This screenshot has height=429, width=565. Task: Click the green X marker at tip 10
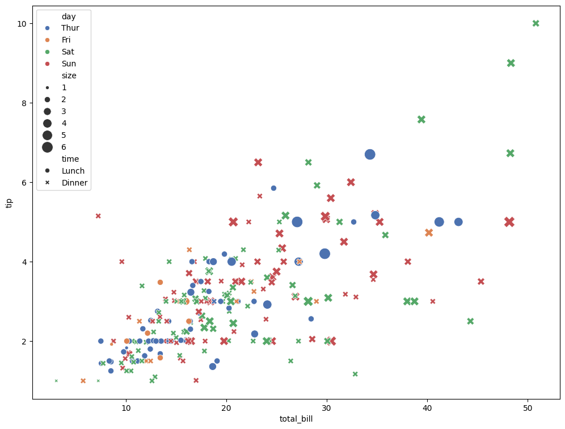pyautogui.click(x=536, y=23)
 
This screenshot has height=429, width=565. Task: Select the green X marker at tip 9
pyautogui.click(x=511, y=63)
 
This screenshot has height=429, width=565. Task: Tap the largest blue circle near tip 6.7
pyautogui.click(x=370, y=154)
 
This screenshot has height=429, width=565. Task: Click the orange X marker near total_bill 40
pyautogui.click(x=429, y=233)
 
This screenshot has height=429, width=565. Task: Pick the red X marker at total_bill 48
pyautogui.click(x=509, y=222)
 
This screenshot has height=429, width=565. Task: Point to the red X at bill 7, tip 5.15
pyautogui.click(x=98, y=216)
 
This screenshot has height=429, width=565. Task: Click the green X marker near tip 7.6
pyautogui.click(x=421, y=120)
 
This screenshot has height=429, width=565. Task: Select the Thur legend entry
pyautogui.click(x=70, y=28)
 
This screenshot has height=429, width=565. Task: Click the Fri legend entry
pyautogui.click(x=67, y=40)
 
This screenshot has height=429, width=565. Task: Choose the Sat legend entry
pyautogui.click(x=68, y=52)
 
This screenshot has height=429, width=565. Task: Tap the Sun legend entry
pyautogui.click(x=69, y=64)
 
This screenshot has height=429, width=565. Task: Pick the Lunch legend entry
pyautogui.click(x=73, y=171)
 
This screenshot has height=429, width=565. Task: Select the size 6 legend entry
pyautogui.click(x=64, y=147)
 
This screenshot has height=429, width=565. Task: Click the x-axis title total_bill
pyautogui.click(x=296, y=419)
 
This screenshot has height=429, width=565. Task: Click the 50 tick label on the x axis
pyautogui.click(x=528, y=407)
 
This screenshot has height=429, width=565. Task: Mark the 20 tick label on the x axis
pyautogui.click(x=226, y=407)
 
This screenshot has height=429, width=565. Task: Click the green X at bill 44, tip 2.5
pyautogui.click(x=470, y=321)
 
